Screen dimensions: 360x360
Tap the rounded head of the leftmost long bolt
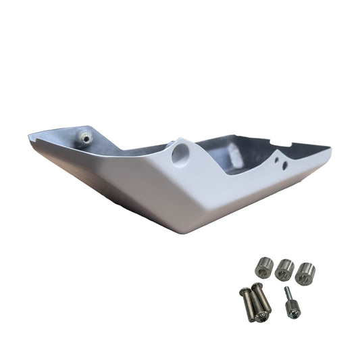(245, 292)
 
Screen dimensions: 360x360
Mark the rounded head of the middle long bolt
(257, 288)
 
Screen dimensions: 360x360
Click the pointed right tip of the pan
(330, 149)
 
